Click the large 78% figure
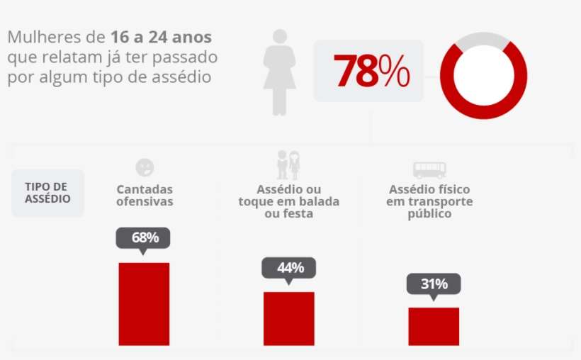pos(371,71)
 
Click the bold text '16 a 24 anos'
pos(161,37)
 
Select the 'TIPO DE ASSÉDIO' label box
pos(47,193)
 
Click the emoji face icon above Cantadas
pos(145,167)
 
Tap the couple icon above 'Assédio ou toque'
pos(288,164)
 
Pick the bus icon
pos(429,169)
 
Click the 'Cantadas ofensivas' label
pos(145,196)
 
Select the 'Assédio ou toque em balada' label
pos(288,201)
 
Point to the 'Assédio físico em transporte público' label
pos(429,201)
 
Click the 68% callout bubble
pos(145,237)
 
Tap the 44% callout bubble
pos(288,267)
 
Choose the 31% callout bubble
pos(433,283)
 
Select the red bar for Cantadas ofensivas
pos(144,303)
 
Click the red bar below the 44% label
pos(288,318)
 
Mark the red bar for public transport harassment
pos(433,326)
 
